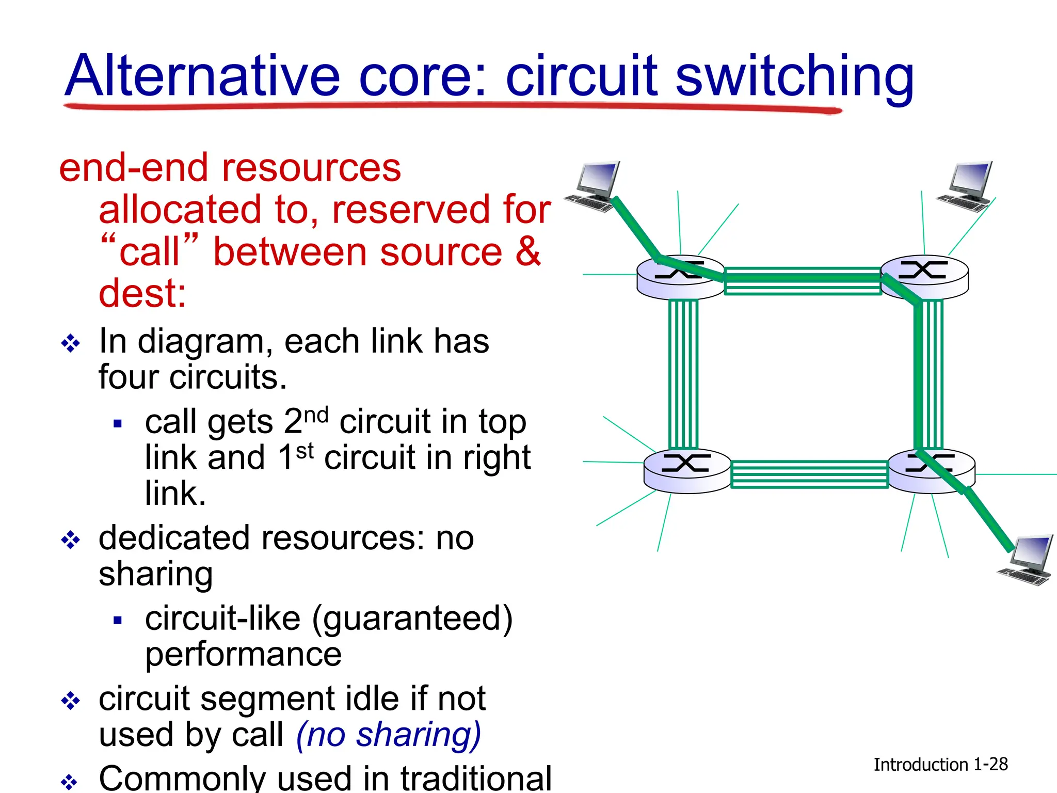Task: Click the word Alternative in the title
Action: [x=202, y=76]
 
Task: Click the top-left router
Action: [x=680, y=277]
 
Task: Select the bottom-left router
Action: [x=687, y=470]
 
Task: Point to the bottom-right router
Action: [x=932, y=470]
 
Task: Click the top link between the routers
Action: [x=803, y=281]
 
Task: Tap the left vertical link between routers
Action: [x=683, y=374]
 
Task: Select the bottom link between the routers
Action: [x=809, y=474]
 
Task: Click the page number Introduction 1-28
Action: [x=940, y=764]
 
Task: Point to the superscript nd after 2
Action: [x=316, y=414]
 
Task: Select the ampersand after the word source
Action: [x=527, y=251]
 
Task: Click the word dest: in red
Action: [x=142, y=293]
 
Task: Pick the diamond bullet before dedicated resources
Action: [x=70, y=540]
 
